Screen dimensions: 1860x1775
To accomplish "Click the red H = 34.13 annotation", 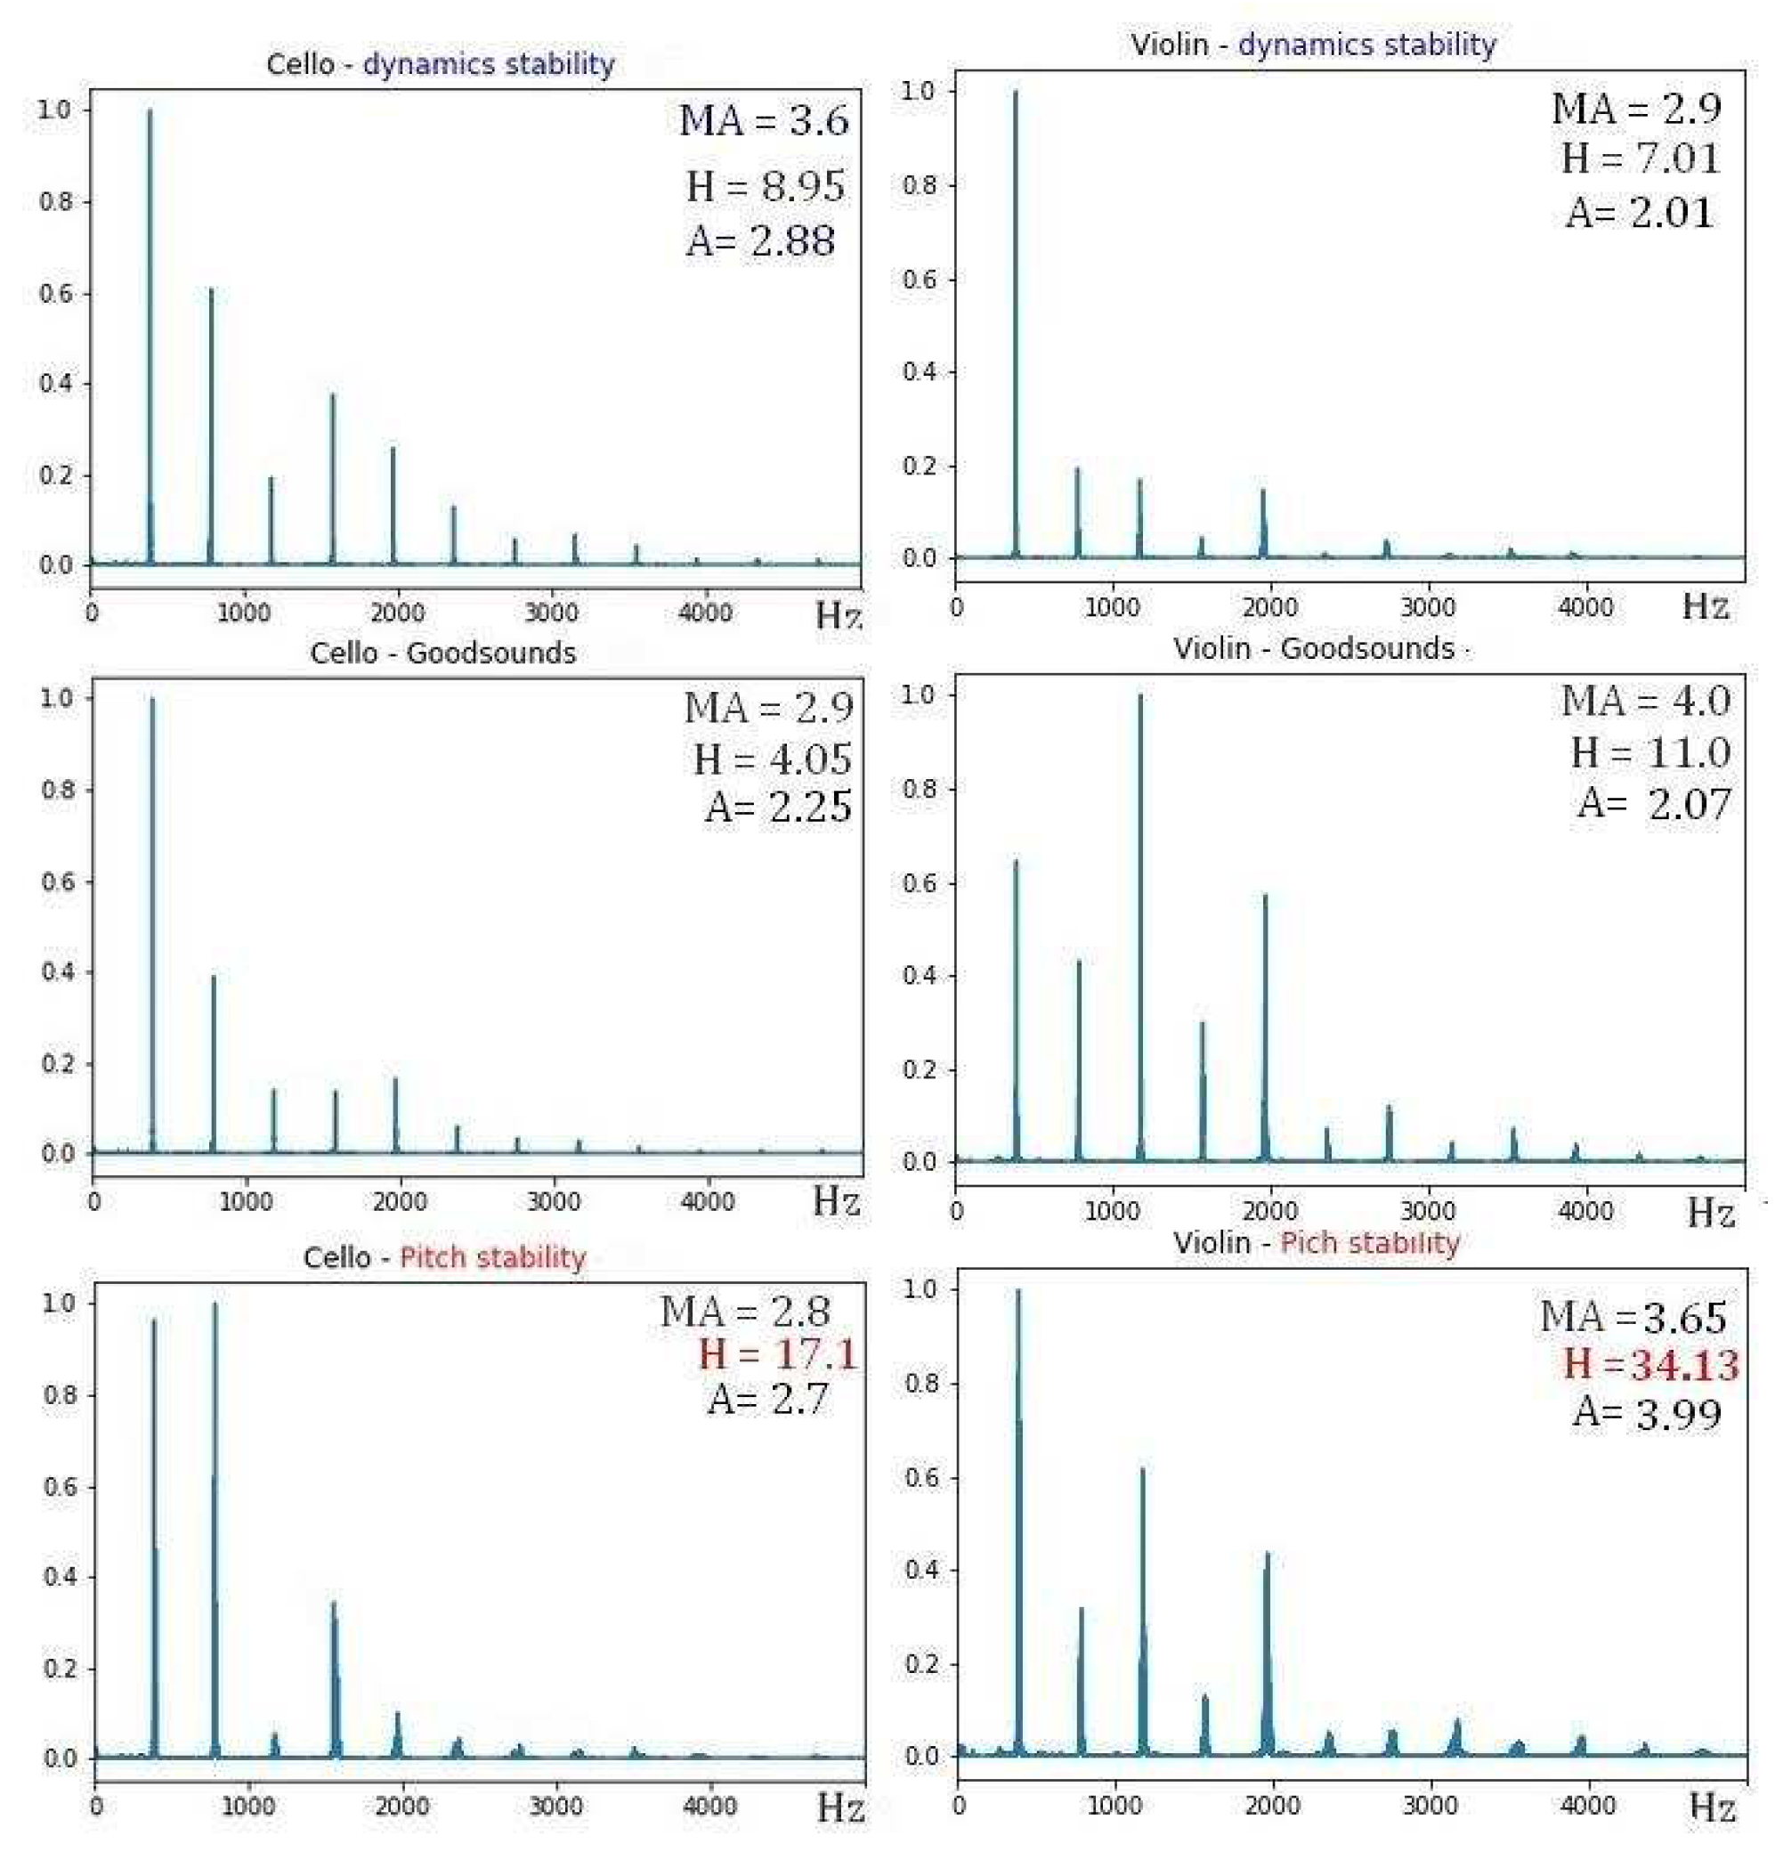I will [x=1650, y=1364].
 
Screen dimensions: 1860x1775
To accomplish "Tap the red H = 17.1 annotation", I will [x=777, y=1353].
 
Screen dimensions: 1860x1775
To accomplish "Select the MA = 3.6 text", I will [x=764, y=121].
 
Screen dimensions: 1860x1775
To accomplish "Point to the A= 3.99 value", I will [x=1646, y=1413].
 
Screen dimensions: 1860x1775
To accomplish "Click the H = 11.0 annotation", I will [x=1650, y=752].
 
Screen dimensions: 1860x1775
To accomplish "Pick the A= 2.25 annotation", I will [x=778, y=807].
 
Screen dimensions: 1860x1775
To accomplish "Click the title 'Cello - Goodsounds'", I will [x=442, y=654].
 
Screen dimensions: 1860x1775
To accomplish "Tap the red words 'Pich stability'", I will [x=1369, y=1243].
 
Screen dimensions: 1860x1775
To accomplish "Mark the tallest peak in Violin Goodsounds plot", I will [x=1140, y=701].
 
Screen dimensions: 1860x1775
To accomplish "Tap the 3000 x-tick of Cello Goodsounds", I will [x=554, y=1202].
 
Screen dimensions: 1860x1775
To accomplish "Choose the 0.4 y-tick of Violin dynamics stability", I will [x=919, y=372].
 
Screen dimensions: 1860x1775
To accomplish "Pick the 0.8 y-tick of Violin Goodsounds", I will [x=919, y=789].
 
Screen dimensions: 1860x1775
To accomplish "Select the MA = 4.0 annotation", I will [x=1645, y=702].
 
